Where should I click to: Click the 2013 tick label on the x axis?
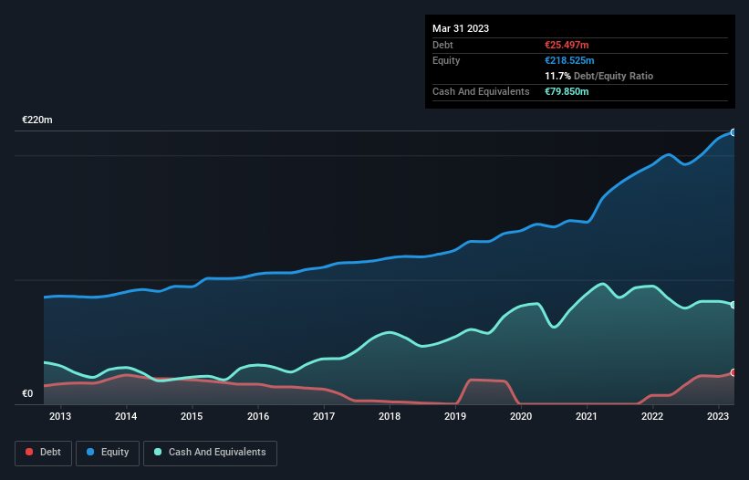60,416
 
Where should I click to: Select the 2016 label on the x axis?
258,416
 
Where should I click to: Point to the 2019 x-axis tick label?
455,416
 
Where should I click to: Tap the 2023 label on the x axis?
718,416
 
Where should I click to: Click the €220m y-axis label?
37,120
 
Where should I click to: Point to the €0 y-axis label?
27,394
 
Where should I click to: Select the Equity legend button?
108,452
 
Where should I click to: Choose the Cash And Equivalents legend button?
210,452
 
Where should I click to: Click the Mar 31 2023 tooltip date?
461,28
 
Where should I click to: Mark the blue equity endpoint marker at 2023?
733,132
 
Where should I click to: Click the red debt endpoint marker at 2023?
733,372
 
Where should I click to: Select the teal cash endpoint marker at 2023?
733,305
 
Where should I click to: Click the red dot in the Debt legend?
30,453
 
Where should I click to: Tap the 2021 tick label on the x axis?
587,416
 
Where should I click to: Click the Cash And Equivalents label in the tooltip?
481,91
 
